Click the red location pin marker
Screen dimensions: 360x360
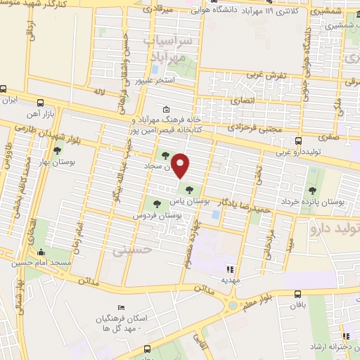point(181,166)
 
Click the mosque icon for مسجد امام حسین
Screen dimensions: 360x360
point(43,252)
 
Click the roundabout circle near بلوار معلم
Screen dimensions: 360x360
point(233,306)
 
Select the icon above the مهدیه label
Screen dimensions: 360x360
point(229,269)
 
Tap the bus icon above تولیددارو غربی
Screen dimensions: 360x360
point(299,141)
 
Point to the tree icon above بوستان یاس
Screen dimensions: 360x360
point(188,188)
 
